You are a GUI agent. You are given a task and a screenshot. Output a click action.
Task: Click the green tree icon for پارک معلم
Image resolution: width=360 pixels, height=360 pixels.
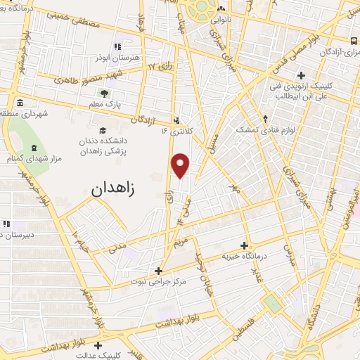point(104,93)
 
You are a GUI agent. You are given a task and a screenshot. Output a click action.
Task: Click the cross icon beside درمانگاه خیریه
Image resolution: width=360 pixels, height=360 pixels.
point(244,246)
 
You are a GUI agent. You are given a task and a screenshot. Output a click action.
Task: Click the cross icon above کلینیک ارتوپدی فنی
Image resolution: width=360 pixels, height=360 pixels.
point(301,75)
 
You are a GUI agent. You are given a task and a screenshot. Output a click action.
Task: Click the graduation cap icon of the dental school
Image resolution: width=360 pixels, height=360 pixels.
point(103,131)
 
